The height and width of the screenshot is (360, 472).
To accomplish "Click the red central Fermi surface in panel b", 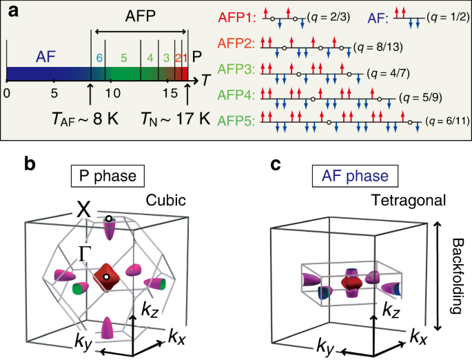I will point(107,274).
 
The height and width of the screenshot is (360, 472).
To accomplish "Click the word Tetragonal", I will point(411,200).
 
